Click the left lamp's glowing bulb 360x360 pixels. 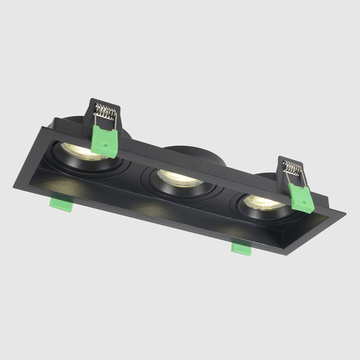[81, 151]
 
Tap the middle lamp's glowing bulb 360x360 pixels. [179, 177]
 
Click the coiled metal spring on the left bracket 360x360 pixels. [105, 111]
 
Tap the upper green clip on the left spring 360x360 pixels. [104, 141]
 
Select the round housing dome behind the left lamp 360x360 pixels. [72, 121]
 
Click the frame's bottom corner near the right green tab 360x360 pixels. [286, 255]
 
